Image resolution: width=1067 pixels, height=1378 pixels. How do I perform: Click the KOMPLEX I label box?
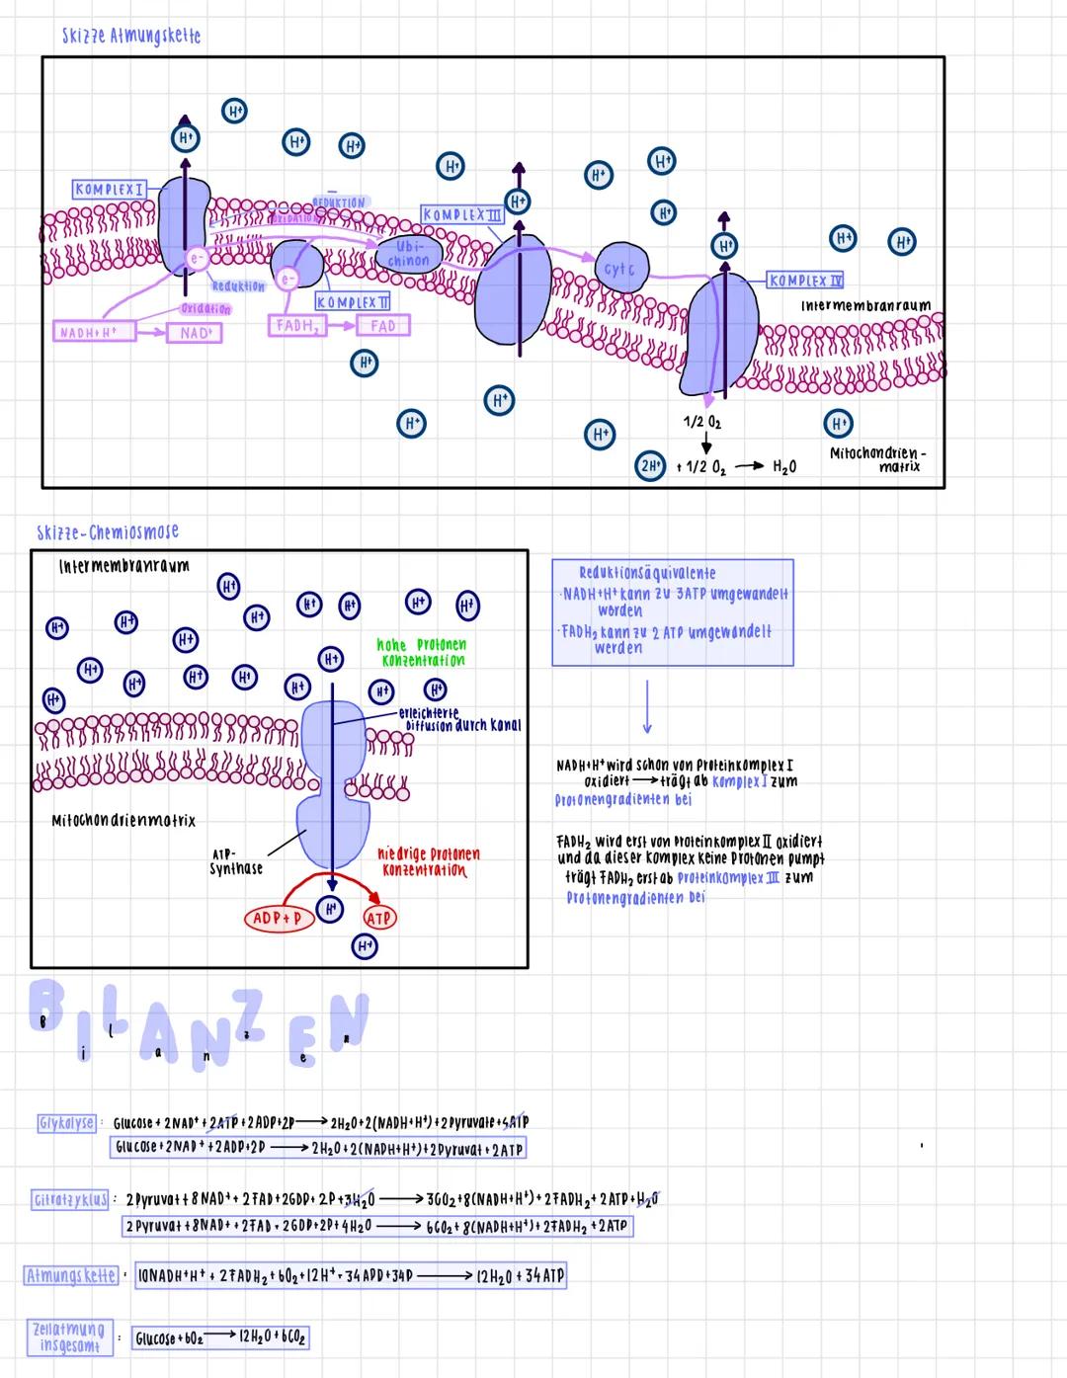(x=110, y=189)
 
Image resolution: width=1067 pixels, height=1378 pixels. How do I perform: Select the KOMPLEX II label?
(x=353, y=301)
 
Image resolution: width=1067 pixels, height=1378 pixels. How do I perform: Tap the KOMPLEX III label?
(x=462, y=214)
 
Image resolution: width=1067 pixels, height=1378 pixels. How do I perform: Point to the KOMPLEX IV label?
(x=806, y=281)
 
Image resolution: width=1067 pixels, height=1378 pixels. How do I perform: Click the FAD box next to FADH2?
(x=382, y=325)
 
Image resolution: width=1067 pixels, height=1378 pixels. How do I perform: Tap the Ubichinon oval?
(x=409, y=254)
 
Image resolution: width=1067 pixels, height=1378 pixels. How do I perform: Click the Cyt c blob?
(x=619, y=268)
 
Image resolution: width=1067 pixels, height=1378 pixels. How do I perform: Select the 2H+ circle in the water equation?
(x=649, y=467)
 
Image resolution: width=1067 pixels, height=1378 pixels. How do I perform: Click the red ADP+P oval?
(x=277, y=919)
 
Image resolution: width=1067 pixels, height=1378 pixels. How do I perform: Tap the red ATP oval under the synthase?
(x=379, y=918)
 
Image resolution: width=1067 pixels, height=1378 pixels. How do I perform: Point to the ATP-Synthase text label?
(x=236, y=861)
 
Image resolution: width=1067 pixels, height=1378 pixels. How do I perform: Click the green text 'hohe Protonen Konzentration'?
(x=422, y=652)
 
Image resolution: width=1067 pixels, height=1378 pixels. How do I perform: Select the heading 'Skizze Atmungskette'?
(x=130, y=36)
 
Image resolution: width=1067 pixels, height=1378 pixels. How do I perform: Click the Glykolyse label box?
(x=67, y=1123)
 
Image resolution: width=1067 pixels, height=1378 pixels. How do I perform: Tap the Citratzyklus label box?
(x=70, y=1200)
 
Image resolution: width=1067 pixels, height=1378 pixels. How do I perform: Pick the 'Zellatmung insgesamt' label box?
(x=68, y=1337)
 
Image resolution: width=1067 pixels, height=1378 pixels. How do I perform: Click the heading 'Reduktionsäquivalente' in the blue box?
(x=647, y=573)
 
